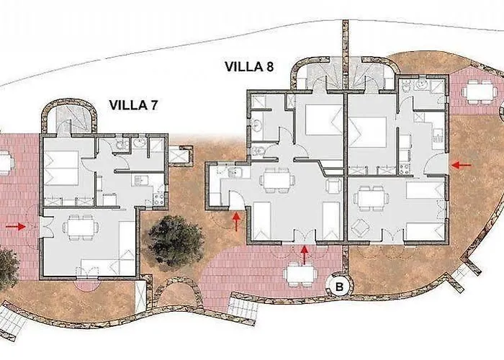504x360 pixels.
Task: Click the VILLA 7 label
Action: pos(133,105)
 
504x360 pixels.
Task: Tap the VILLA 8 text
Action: pos(249,66)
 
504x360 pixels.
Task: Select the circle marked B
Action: pos(339,286)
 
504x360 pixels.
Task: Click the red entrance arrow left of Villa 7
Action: pos(15,227)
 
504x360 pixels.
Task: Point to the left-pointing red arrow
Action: pos(462,165)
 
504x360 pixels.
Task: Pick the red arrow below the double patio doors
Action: pos(305,255)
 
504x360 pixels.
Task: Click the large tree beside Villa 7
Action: pos(176,240)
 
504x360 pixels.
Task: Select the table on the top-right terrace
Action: pos(477,92)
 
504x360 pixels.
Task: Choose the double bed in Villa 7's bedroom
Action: pos(61,168)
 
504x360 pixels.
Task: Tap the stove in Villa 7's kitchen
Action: pos(158,199)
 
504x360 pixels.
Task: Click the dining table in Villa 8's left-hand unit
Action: pos(276,180)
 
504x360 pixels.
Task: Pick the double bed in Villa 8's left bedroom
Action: pos(323,120)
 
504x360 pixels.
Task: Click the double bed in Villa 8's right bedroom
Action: pos(367,132)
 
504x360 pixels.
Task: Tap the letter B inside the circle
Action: pos(339,287)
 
